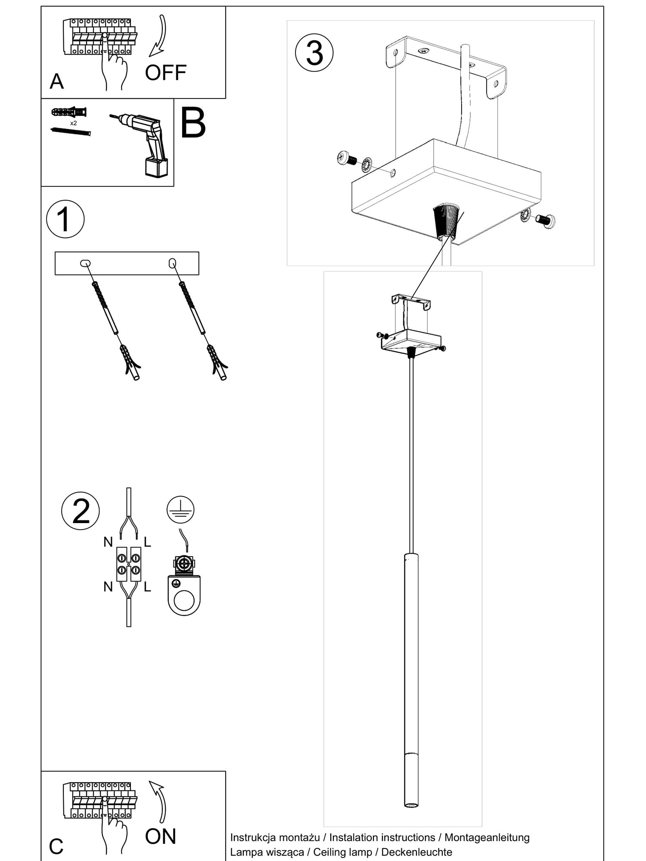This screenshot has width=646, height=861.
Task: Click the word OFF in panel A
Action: [165, 73]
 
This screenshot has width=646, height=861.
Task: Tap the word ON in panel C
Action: [161, 836]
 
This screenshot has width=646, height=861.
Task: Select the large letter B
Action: [193, 123]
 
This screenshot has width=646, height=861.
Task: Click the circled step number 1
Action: [65, 219]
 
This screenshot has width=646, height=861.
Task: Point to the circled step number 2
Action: [81, 511]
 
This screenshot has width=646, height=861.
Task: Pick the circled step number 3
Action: [314, 53]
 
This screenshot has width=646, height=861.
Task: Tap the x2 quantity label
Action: [74, 123]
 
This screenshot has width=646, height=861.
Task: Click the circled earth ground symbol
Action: [180, 509]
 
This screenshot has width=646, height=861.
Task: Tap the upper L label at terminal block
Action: [147, 542]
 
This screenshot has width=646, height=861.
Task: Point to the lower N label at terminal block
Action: [108, 586]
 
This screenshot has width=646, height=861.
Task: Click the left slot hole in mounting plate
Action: [85, 263]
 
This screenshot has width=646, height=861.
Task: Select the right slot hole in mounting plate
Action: [172, 263]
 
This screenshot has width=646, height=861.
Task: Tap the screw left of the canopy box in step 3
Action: [347, 158]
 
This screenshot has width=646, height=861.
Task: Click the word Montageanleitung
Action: [487, 837]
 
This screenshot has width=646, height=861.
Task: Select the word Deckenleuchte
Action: [417, 852]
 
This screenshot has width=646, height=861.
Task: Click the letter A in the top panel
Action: [57, 81]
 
